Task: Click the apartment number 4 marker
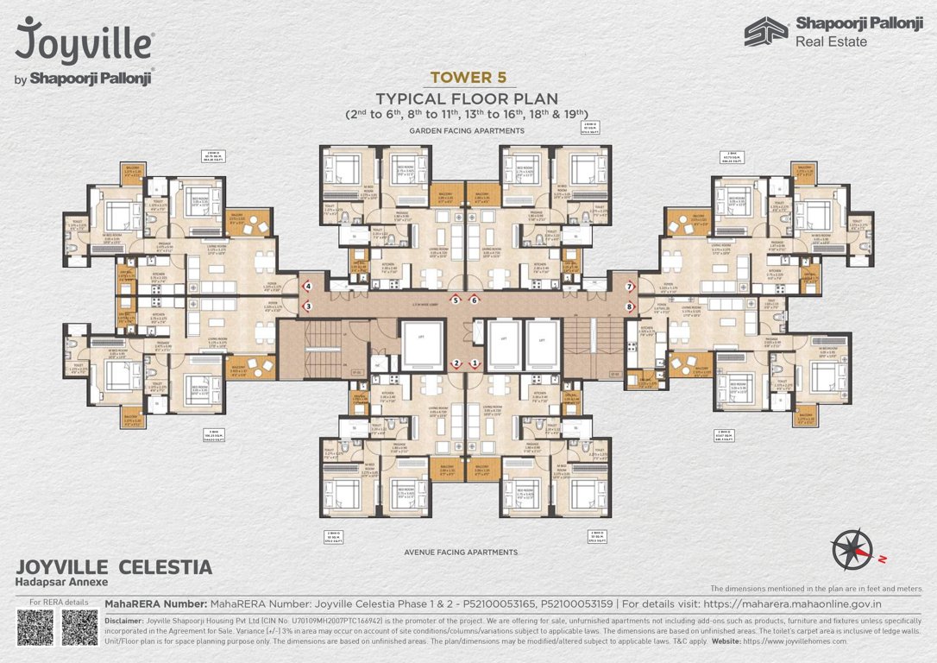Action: tap(307, 286)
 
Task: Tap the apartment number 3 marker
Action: tap(307, 306)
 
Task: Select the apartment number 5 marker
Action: tap(455, 300)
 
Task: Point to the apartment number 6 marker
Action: tap(475, 300)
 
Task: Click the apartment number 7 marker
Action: tap(630, 286)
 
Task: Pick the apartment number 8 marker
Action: tap(630, 306)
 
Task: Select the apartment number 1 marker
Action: tap(475, 363)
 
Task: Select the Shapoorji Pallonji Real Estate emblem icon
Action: tap(766, 31)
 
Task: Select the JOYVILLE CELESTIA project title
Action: tap(114, 567)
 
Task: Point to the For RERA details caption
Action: tap(59, 602)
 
